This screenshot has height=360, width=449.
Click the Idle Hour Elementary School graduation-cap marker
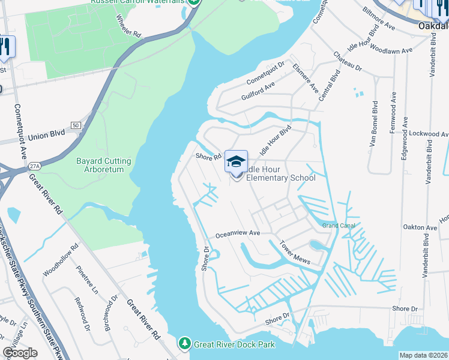236,162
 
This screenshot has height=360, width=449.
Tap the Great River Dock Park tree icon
185,344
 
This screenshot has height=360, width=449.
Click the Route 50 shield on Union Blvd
76,125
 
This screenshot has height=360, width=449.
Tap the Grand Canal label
339,226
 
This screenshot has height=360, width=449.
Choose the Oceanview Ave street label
237,233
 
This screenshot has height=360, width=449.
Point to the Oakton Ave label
420,228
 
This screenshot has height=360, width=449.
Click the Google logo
20,353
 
